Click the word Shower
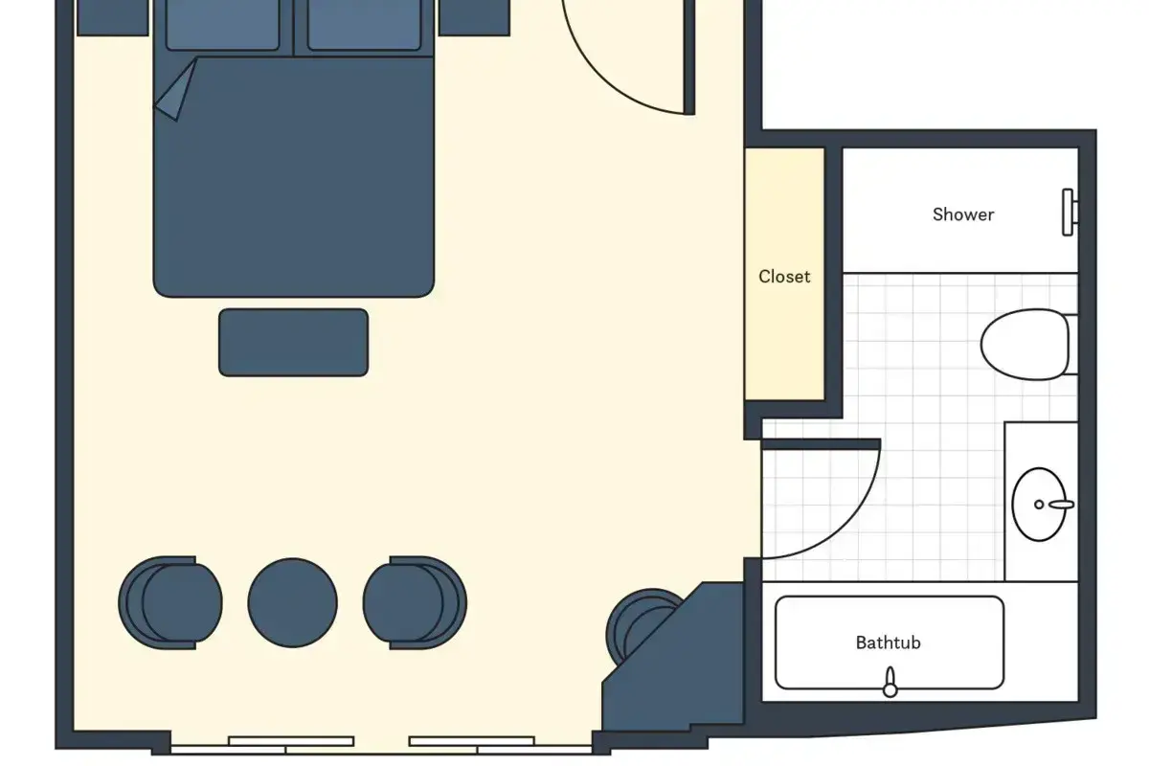click(x=963, y=214)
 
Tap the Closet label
click(x=784, y=277)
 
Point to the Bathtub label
click(x=888, y=642)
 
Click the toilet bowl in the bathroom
click(x=1025, y=345)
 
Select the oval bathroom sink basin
click(x=1039, y=505)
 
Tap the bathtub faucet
click(x=890, y=682)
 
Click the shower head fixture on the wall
click(x=1069, y=213)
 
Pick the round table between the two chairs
click(x=292, y=603)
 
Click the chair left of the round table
click(x=170, y=603)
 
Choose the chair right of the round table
click(x=415, y=603)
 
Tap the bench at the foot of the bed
click(x=293, y=342)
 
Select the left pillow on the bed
click(x=222, y=25)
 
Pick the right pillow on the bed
click(x=364, y=25)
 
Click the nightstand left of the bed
click(x=113, y=17)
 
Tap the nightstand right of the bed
click(x=475, y=17)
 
